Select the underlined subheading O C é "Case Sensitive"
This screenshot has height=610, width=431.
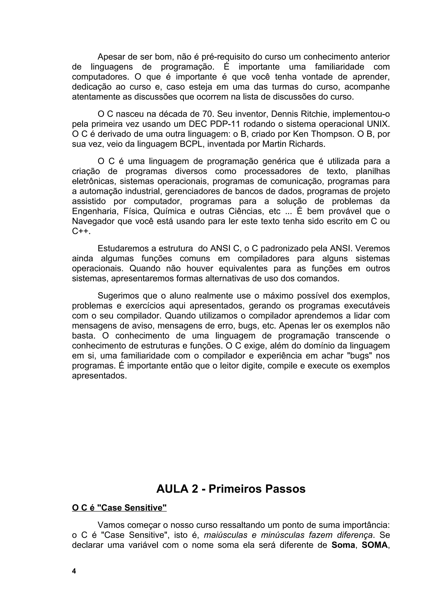pyautogui.click(x=119, y=508)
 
